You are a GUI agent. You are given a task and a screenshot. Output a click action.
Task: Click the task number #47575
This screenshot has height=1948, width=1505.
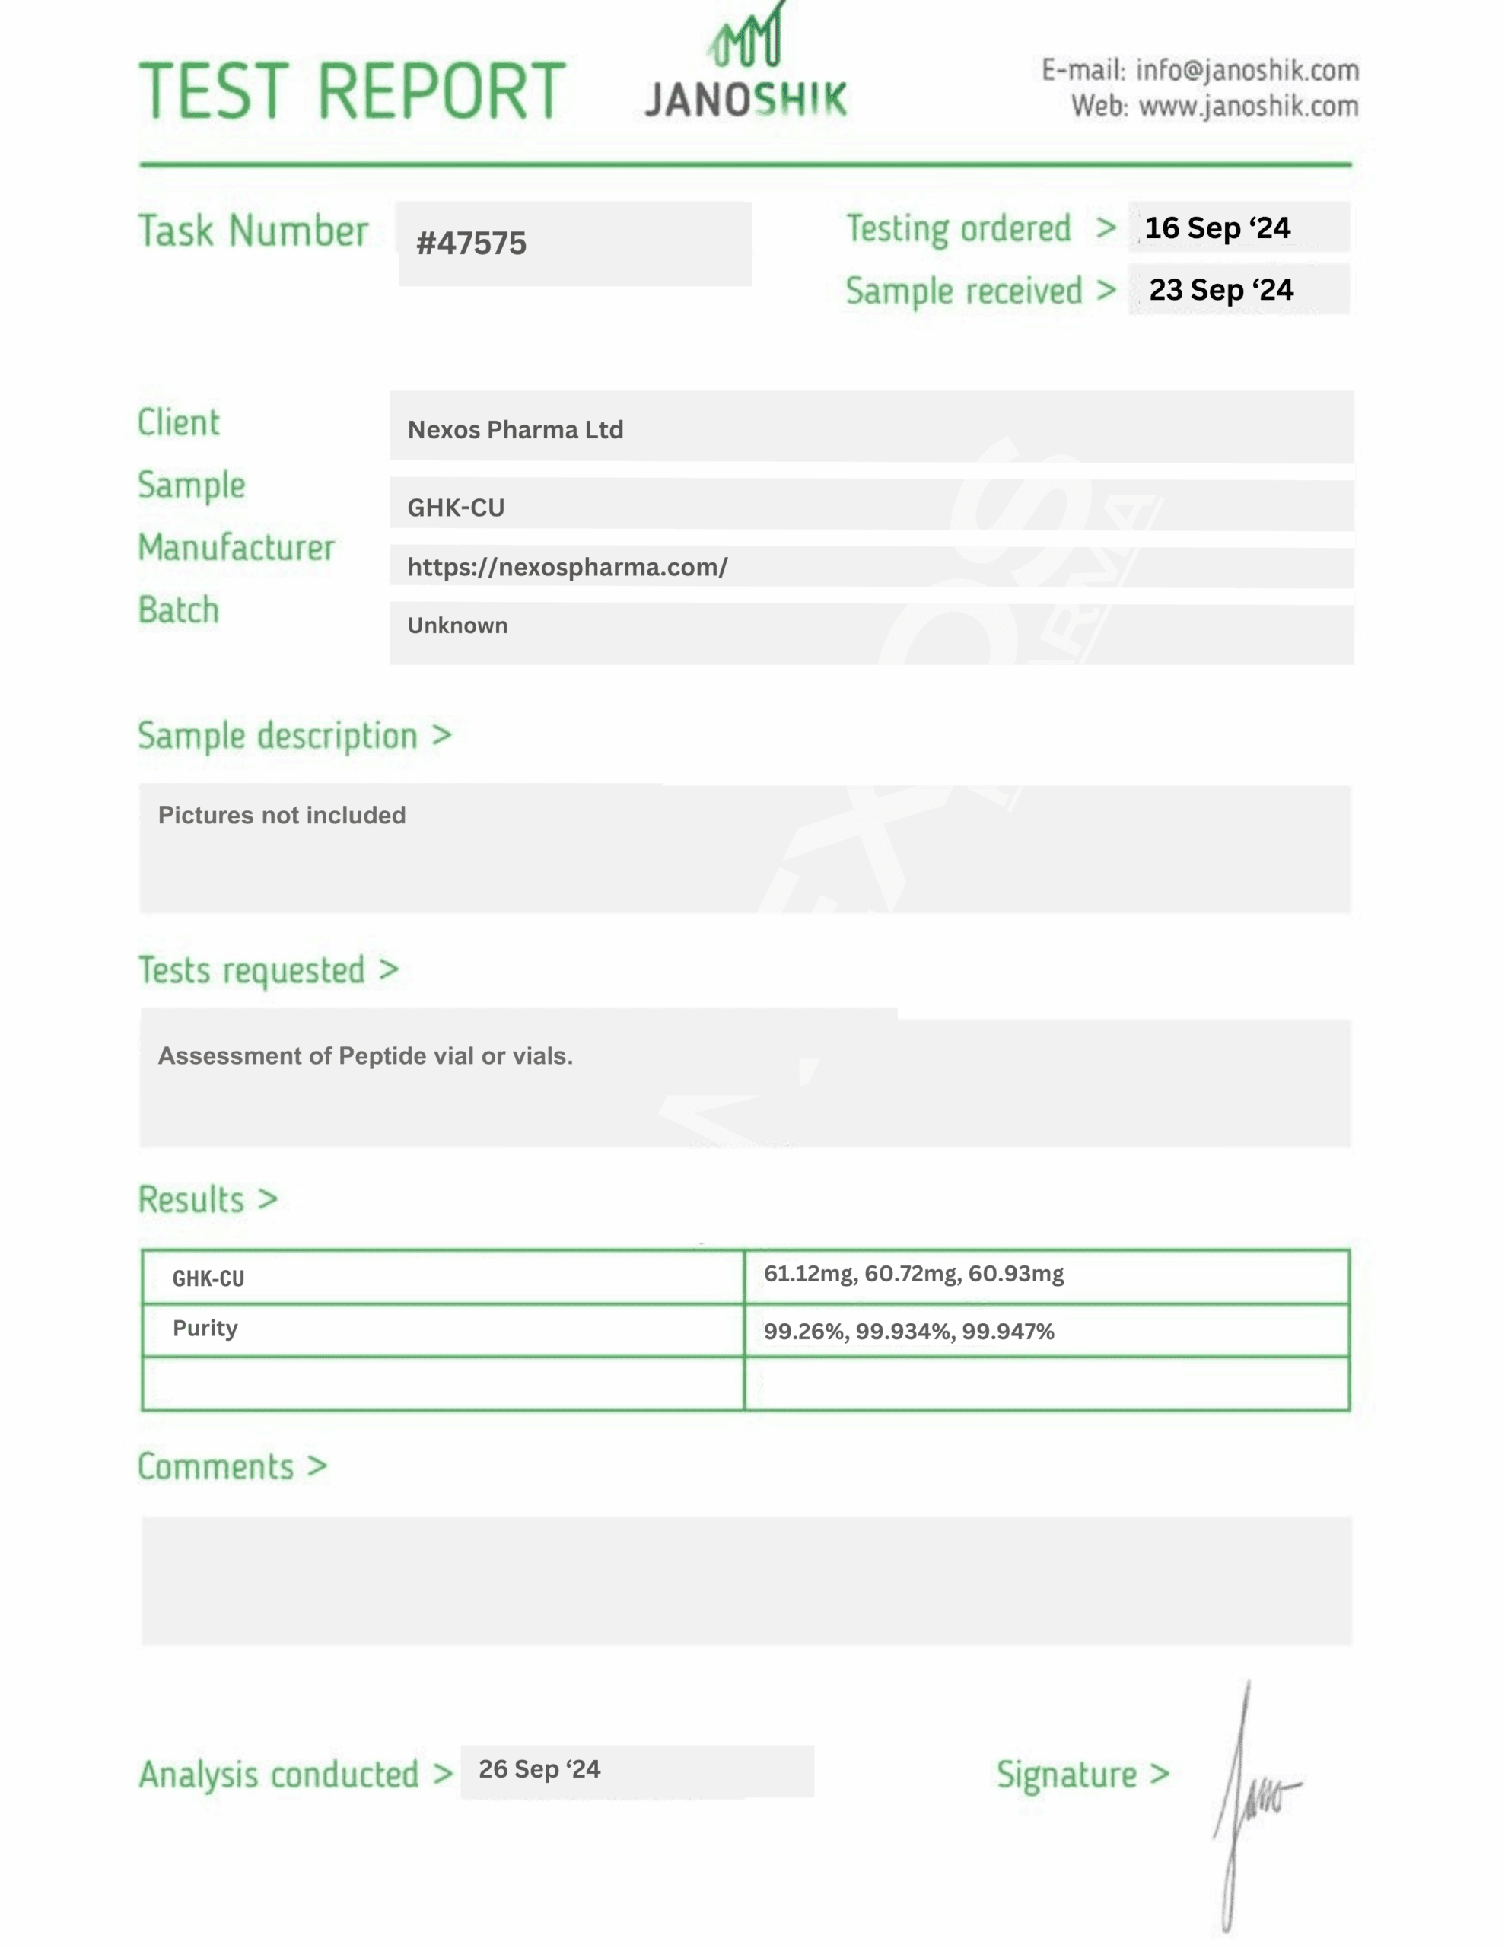click(471, 243)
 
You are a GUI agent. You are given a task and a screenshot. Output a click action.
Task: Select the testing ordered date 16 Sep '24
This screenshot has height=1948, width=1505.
click(1217, 228)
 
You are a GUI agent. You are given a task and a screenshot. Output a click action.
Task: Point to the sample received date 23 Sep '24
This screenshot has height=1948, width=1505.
click(1220, 290)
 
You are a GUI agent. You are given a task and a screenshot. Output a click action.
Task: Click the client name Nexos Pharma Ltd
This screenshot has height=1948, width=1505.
click(515, 430)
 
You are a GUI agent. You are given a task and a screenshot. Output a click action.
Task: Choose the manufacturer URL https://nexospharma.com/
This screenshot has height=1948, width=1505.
click(568, 567)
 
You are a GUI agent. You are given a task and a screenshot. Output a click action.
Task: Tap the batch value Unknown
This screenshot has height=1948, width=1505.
click(457, 625)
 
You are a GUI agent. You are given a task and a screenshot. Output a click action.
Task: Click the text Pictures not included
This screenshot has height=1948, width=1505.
click(282, 815)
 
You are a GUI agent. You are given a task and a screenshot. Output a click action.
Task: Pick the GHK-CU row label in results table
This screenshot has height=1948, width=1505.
click(208, 1279)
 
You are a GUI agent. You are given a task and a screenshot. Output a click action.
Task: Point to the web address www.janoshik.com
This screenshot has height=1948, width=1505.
click(1248, 106)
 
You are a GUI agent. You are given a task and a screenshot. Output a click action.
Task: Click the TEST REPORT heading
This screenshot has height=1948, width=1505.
click(352, 91)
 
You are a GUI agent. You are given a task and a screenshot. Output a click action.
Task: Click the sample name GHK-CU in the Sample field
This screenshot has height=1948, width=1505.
click(456, 508)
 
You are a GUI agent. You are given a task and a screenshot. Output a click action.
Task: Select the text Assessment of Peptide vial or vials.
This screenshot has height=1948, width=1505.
click(365, 1056)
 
